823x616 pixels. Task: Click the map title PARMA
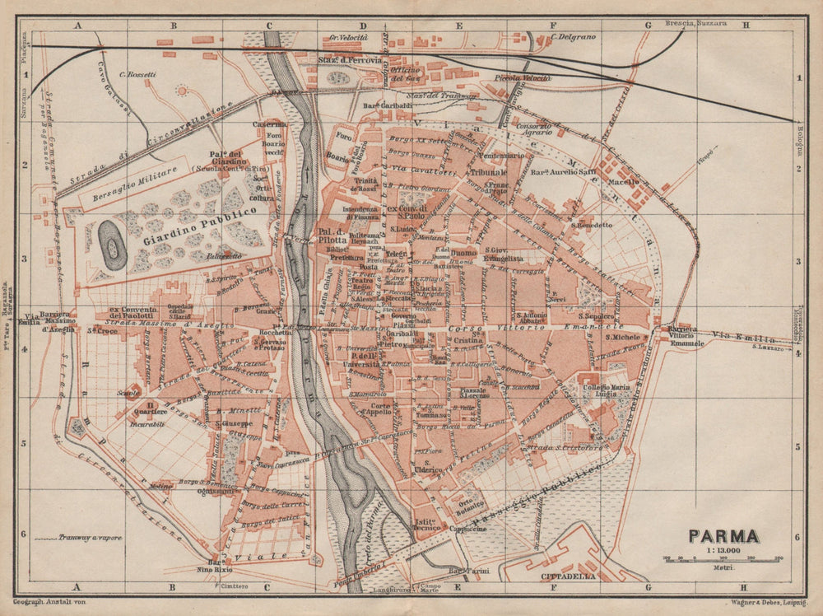click(724, 535)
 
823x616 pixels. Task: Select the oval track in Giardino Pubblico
click(112, 245)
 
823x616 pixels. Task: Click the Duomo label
click(463, 254)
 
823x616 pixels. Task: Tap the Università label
click(365, 363)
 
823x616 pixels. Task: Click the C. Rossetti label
click(137, 75)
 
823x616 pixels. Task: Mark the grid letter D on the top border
click(363, 26)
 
